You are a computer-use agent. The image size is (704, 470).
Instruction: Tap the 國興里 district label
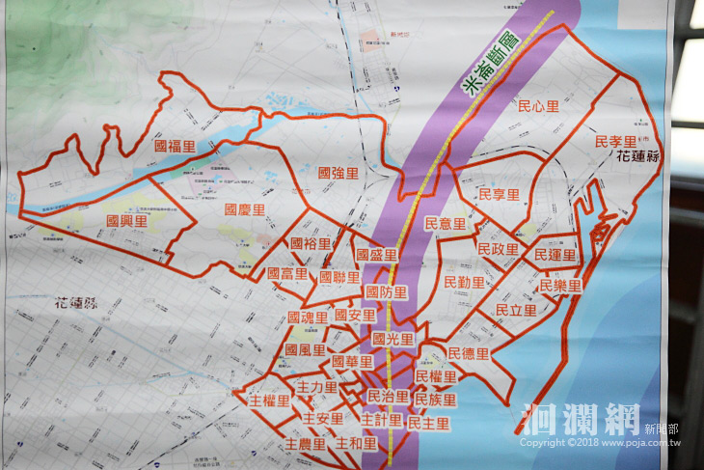tap(126, 221)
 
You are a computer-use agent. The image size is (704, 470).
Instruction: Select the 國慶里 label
tap(245, 208)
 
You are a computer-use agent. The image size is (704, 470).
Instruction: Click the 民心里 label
tap(538, 106)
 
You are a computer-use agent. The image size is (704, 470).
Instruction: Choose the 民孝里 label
tap(615, 141)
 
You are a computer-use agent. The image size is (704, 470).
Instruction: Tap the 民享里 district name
tap(499, 195)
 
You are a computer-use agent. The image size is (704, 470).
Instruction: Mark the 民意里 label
tap(445, 223)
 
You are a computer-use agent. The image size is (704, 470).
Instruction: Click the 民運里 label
tap(555, 255)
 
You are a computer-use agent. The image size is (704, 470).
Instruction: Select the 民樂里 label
tap(560, 286)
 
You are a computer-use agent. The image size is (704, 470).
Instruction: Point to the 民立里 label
tap(515, 310)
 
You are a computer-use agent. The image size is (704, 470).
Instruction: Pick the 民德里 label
tap(469, 353)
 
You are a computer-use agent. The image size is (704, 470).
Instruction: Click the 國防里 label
tap(387, 291)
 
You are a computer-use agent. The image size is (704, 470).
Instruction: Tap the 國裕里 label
tap(310, 243)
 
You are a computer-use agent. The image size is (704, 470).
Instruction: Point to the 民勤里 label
tap(464, 283)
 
